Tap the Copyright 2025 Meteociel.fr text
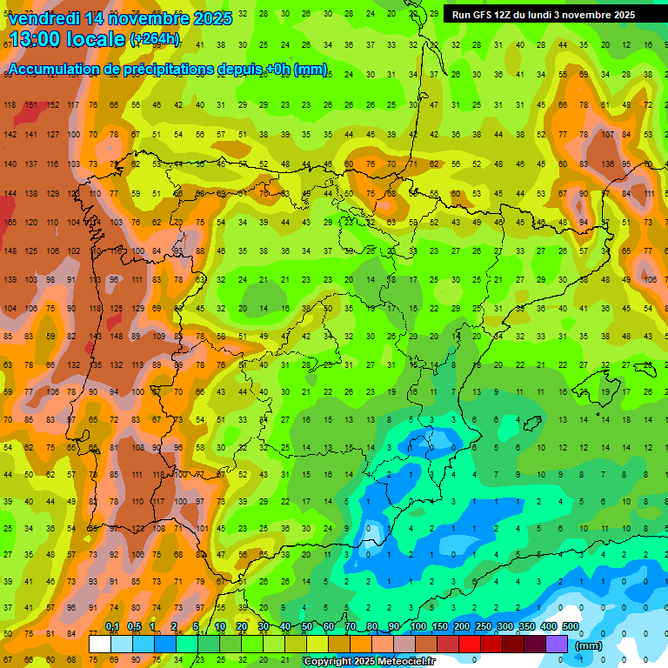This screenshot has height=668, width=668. point(369,662)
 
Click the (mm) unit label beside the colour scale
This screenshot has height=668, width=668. point(589,645)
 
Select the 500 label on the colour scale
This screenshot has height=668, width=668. point(571,627)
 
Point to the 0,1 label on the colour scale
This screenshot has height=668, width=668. point(112,627)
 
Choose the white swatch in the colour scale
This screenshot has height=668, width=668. point(100,645)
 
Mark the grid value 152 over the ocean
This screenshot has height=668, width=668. point(53,105)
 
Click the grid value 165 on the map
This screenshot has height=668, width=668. point(10,223)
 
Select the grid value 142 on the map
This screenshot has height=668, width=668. point(10,135)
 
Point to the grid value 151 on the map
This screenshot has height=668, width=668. point(31,105)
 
